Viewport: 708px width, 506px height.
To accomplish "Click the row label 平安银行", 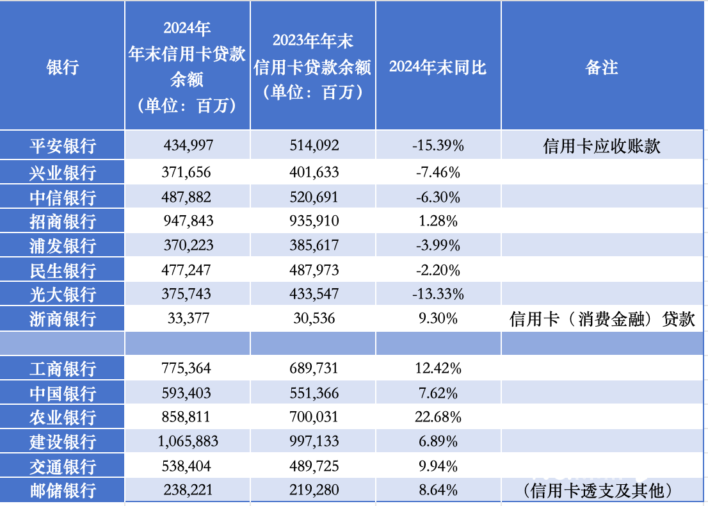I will [x=63, y=146].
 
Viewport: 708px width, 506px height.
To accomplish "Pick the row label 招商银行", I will [x=63, y=222].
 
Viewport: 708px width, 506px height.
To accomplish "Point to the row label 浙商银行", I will [x=63, y=318].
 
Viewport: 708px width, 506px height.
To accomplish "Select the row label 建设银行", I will [x=63, y=442].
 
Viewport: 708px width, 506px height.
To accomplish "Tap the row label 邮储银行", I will [x=63, y=491].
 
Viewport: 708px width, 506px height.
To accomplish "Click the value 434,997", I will [x=187, y=146].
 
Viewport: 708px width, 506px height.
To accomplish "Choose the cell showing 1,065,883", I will [x=187, y=442].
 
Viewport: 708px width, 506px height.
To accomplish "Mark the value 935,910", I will [x=312, y=222].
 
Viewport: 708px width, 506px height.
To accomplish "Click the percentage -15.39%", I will [x=438, y=146].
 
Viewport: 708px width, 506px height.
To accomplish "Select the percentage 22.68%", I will [x=438, y=418].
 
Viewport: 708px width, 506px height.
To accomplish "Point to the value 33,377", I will [x=187, y=318].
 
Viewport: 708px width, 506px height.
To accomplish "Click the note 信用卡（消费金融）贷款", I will [x=602, y=319].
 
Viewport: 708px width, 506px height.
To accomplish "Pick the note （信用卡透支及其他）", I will [x=602, y=491].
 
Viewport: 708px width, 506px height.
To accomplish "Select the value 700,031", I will [x=312, y=418].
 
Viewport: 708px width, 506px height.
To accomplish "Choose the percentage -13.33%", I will [x=438, y=295].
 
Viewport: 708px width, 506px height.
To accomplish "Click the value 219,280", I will [x=312, y=491].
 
